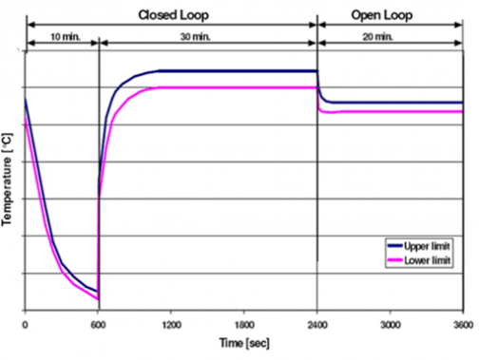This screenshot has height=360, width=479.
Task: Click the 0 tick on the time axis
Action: click(26, 321)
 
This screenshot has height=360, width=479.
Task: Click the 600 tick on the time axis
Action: click(98, 321)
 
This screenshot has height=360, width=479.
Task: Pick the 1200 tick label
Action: click(171, 321)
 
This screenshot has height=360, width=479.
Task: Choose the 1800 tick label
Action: click(244, 321)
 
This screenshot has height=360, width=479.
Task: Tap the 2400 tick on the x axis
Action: click(316, 321)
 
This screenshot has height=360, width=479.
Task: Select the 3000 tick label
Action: click(390, 321)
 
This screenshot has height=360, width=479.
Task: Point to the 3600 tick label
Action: click(462, 321)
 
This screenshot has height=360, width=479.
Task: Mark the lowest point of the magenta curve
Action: click(97, 299)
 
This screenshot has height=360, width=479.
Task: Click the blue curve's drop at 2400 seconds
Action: click(318, 85)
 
